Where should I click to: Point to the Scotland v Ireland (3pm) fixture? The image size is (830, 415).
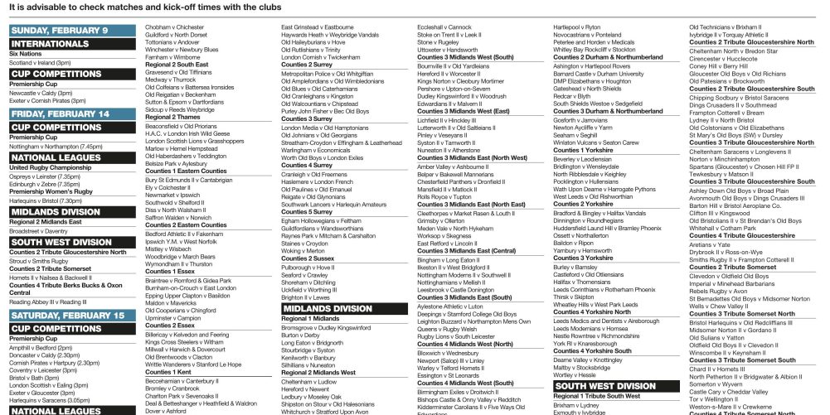point(40,61)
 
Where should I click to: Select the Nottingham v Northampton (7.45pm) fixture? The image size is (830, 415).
point(56,146)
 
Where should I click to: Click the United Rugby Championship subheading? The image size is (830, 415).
point(50,167)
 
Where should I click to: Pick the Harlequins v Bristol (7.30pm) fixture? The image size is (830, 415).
point(46,200)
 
